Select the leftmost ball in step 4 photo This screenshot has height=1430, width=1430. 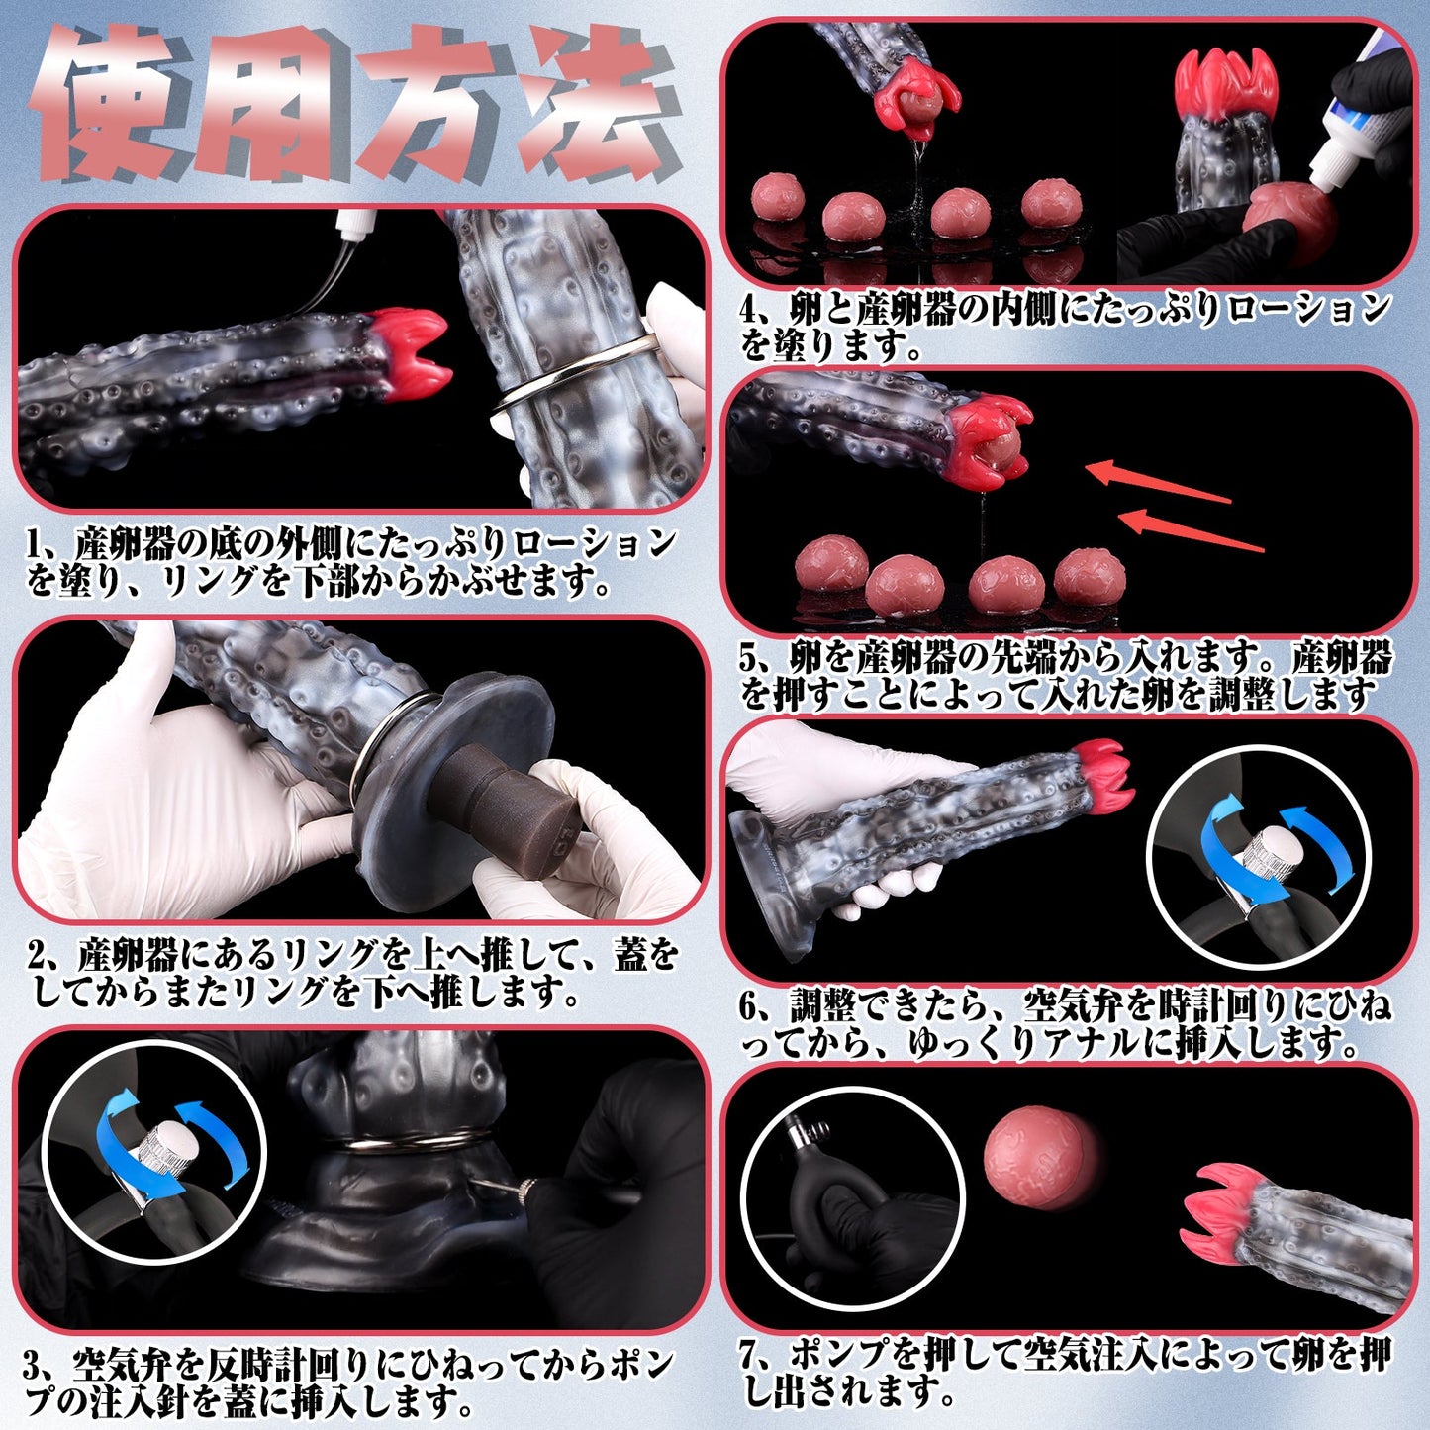click(777, 198)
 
